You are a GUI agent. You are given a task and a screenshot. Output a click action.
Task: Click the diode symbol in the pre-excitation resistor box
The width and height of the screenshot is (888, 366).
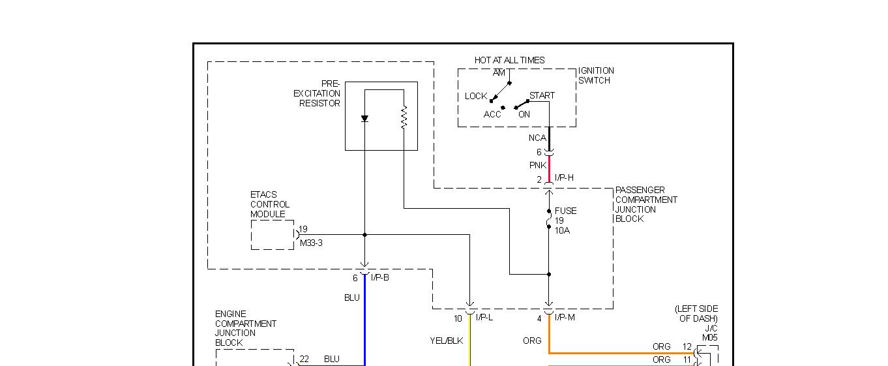click(364, 119)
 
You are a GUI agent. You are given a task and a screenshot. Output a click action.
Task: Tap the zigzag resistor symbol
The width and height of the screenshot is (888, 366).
click(404, 117)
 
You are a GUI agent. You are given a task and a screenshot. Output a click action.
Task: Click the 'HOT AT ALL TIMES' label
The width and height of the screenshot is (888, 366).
click(509, 60)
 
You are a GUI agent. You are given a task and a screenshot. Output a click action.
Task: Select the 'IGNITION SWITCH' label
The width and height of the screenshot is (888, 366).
click(596, 76)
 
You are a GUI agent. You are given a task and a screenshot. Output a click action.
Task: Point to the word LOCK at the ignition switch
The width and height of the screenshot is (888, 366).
click(476, 96)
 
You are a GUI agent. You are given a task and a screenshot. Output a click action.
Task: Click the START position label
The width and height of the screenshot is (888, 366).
click(542, 95)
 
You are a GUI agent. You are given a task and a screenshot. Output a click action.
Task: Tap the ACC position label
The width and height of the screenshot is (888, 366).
click(492, 114)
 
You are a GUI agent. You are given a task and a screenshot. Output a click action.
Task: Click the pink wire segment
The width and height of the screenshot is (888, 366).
click(549, 166)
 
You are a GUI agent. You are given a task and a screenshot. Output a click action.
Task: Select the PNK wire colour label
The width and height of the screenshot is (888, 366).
click(538, 166)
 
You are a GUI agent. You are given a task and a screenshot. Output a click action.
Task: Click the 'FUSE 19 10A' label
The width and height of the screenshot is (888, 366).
click(565, 221)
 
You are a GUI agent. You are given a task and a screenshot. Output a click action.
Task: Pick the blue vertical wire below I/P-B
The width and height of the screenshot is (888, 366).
click(364, 320)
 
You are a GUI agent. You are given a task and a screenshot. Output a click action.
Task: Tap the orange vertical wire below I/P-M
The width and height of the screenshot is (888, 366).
click(549, 333)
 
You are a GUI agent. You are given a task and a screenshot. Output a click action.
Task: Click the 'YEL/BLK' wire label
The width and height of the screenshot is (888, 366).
click(447, 341)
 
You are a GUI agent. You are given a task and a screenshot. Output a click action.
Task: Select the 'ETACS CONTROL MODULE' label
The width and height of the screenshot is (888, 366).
click(270, 204)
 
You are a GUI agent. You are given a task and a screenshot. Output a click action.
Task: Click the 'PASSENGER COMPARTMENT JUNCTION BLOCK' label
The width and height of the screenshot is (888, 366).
click(646, 204)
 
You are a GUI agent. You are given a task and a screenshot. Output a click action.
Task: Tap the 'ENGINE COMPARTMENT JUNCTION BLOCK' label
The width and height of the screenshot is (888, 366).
click(246, 328)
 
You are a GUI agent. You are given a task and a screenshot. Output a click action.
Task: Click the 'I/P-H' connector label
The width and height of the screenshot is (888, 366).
click(564, 178)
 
